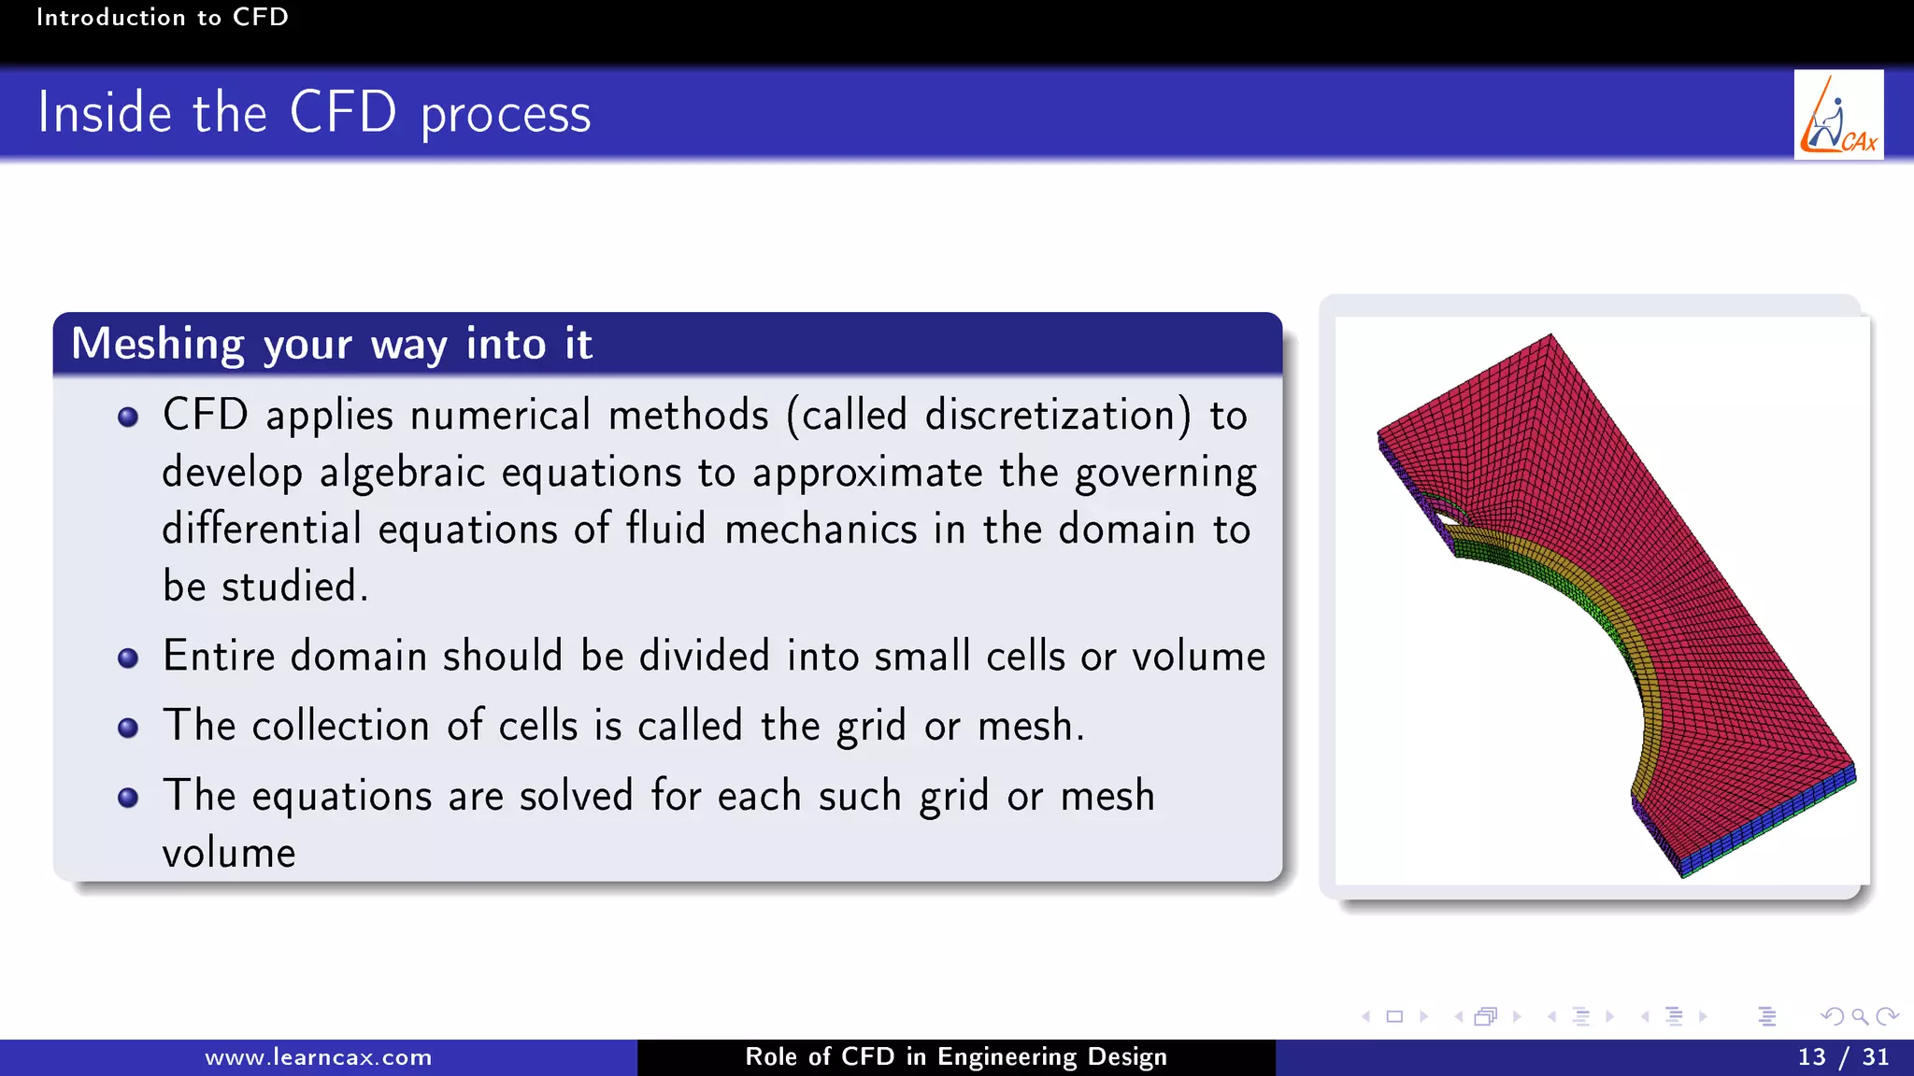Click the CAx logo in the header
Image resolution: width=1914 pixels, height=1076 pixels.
point(1837,115)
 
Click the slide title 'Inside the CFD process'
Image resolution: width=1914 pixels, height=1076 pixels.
point(314,114)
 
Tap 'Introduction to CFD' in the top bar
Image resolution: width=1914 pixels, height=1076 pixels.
point(162,17)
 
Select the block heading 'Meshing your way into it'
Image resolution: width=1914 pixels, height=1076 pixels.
point(332,344)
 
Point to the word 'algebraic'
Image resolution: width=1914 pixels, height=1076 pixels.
point(402,473)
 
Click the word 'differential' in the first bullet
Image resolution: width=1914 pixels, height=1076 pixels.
point(262,530)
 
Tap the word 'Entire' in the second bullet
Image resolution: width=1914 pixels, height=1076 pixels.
point(219,656)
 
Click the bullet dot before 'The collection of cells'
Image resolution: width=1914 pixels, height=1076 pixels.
point(129,728)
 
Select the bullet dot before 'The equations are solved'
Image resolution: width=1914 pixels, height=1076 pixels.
point(129,798)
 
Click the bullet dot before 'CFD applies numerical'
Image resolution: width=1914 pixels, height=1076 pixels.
point(129,417)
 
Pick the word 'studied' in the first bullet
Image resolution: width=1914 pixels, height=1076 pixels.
point(290,587)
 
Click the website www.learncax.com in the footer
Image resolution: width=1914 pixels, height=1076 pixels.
point(319,1057)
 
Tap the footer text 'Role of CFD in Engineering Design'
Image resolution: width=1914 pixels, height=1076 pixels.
point(956,1057)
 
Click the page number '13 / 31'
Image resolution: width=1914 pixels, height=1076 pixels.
point(1843,1057)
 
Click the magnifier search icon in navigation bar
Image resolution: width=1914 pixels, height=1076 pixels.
point(1860,1016)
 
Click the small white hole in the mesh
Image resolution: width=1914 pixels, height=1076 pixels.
point(1445,515)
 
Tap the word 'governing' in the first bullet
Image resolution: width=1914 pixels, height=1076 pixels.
point(1165,473)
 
